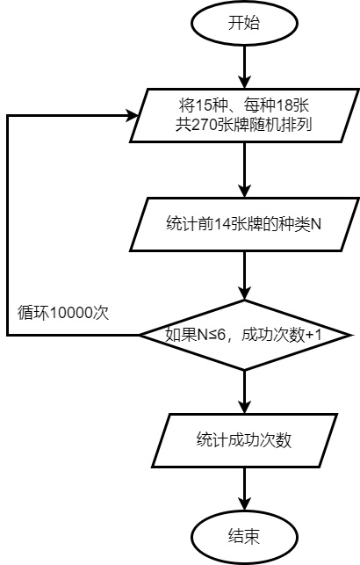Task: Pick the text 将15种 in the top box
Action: (198, 108)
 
